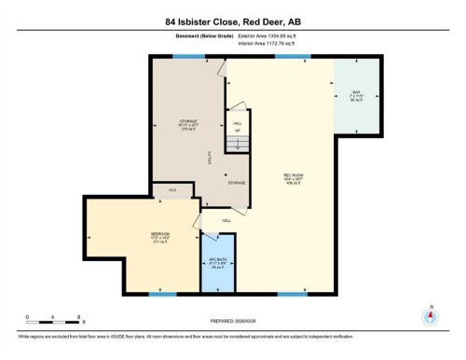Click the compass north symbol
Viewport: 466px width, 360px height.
pos(430,315)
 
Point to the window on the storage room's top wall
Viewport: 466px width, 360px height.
pos(189,56)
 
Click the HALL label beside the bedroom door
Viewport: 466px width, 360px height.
pos(226,221)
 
